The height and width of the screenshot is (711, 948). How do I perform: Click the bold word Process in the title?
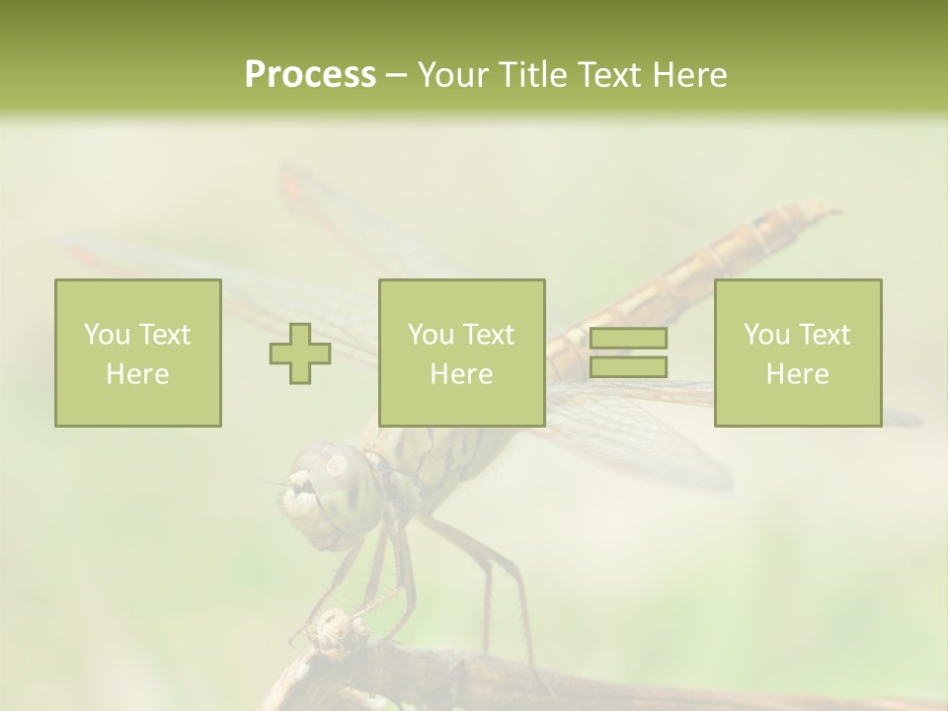310,74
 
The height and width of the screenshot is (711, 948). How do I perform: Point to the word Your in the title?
450,74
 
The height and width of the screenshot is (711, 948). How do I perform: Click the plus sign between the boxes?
300,354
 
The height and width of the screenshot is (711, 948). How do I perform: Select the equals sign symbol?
628,353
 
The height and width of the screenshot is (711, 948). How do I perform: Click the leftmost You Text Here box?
138,353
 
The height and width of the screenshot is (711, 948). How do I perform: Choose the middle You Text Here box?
461,353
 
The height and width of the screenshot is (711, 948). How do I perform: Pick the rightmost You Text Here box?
798,353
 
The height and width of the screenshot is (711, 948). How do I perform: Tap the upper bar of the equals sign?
628,339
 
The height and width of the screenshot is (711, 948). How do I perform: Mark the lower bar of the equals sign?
628,366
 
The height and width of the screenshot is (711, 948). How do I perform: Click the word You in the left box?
107,334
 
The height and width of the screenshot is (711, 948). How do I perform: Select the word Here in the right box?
798,373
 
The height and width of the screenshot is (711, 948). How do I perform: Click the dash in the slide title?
397,75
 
